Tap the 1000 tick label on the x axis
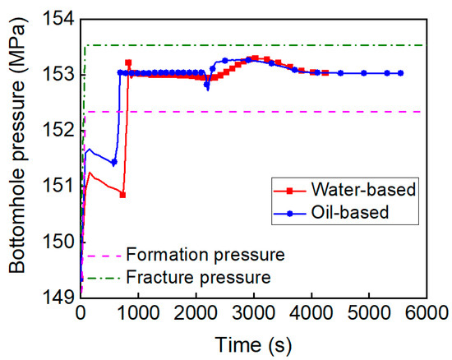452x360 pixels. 138,313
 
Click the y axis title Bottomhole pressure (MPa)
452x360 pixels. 18,156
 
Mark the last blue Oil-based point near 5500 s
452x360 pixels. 400,73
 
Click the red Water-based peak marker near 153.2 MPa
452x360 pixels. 128,62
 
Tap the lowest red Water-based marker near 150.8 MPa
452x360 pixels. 122,195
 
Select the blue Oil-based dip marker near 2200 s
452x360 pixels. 207,85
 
